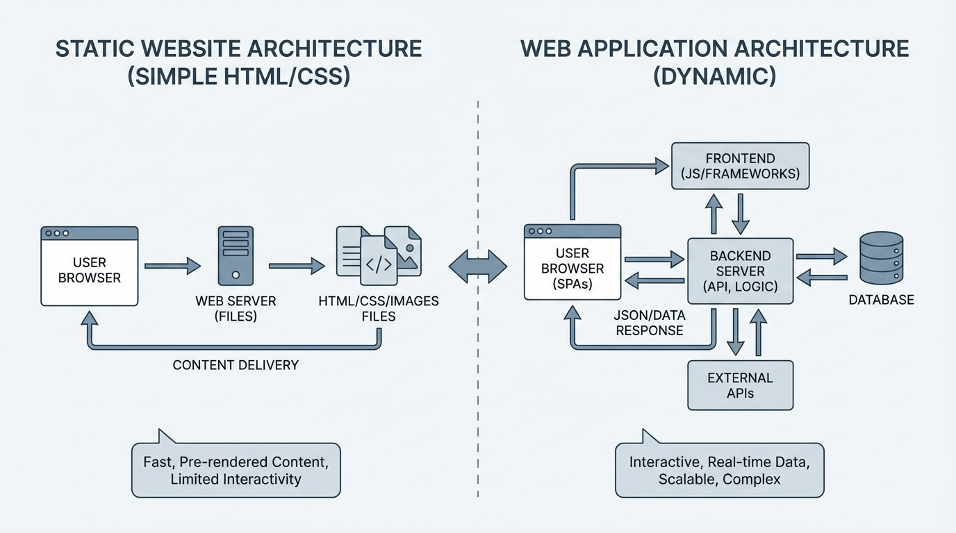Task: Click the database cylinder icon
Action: point(881,259)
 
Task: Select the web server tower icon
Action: point(236,255)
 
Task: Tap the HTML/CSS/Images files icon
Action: point(379,255)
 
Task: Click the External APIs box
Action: point(740,385)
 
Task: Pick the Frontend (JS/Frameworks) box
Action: point(740,165)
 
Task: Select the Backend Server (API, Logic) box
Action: point(740,271)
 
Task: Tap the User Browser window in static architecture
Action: point(90,266)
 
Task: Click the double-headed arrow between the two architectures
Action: point(478,266)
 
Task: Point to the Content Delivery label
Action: point(236,365)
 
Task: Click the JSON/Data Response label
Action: point(650,323)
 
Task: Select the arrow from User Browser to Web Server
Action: point(172,266)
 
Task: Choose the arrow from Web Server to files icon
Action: point(297,266)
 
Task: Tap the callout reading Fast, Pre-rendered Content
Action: point(236,470)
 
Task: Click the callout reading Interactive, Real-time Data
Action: point(719,470)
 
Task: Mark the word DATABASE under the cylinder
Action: point(881,300)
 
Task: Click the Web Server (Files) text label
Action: point(236,309)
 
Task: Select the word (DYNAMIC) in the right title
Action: point(714,75)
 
